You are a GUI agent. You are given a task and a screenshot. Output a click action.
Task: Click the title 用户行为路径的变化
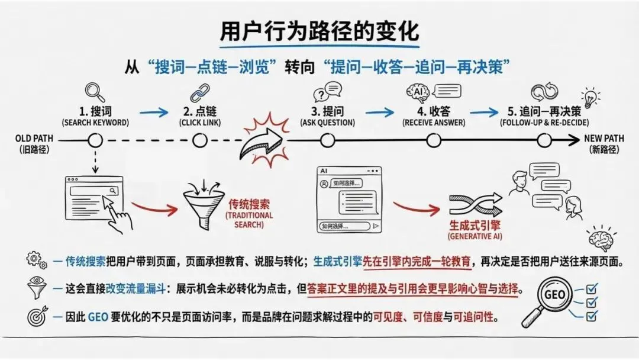pos(319,31)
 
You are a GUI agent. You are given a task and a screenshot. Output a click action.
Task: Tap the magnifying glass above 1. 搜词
pos(95,92)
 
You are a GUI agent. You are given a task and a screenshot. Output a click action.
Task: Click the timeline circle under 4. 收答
pos(434,140)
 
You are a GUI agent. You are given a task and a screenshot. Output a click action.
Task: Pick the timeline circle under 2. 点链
pos(200,140)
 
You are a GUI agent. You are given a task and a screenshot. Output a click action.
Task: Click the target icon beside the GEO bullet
pos(37,317)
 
